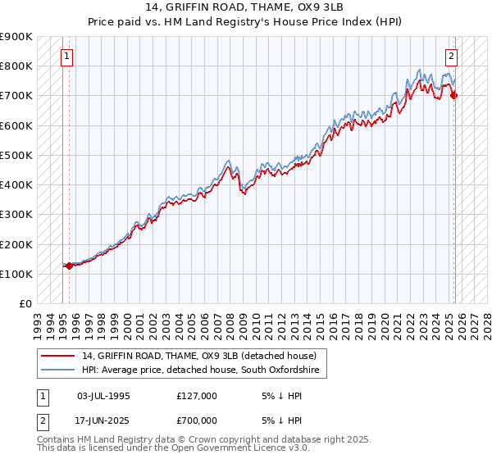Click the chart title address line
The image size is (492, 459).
[246, 7]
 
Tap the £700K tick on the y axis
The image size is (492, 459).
[16, 96]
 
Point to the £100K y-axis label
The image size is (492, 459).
[16, 274]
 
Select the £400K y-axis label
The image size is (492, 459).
[16, 184]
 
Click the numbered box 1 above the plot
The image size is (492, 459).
[66, 57]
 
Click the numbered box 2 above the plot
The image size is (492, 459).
[451, 57]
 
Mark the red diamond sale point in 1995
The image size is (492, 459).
[69, 266]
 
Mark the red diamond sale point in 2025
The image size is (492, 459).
[454, 96]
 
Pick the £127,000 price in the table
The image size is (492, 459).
[197, 396]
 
